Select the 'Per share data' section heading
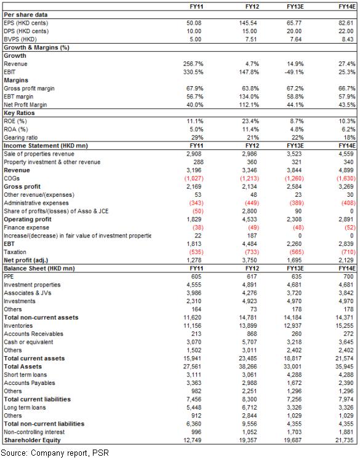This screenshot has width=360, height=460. [26, 15]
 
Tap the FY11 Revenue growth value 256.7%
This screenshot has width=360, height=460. [193, 64]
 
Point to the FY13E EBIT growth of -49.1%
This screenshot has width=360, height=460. [294, 72]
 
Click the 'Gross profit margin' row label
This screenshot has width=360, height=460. [29, 89]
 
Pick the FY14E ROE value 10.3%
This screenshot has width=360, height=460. [347, 121]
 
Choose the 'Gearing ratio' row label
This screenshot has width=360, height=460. [20, 138]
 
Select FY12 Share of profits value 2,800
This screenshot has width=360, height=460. [250, 211]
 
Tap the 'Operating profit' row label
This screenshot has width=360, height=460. [28, 220]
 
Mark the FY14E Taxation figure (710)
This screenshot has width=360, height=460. [348, 252]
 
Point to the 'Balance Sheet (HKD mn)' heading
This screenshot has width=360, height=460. [39, 268]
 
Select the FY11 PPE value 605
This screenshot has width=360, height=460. [196, 277]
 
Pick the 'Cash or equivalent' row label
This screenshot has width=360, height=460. [28, 342]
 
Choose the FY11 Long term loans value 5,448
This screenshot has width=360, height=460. [194, 408]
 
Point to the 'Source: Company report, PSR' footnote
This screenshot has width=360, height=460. [55, 453]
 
